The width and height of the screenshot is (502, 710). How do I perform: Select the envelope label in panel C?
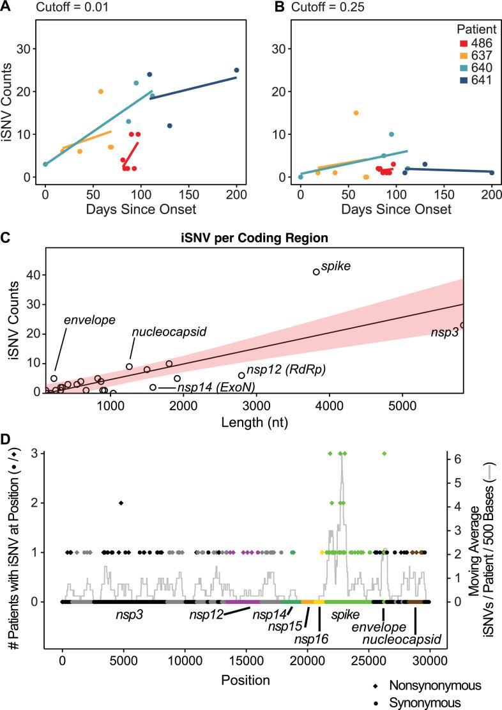[x=84, y=318]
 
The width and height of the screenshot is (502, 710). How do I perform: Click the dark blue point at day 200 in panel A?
[x=236, y=70]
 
